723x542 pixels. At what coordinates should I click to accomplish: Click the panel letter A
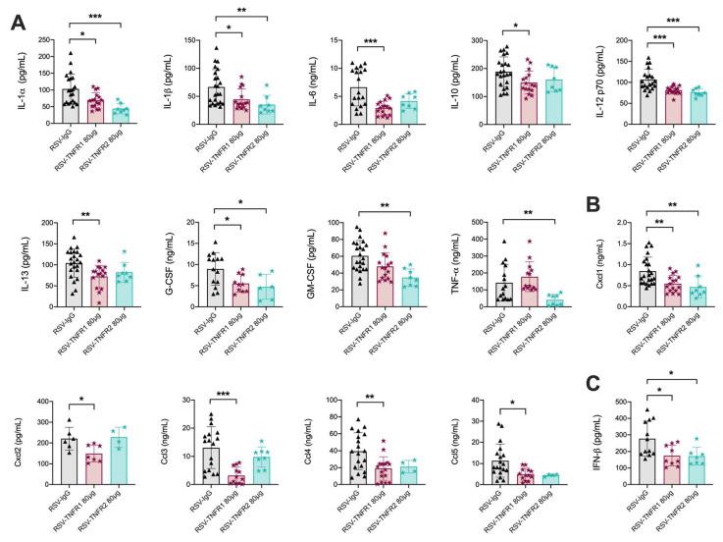point(18,21)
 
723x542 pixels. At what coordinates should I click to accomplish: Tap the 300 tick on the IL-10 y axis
point(467,41)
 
